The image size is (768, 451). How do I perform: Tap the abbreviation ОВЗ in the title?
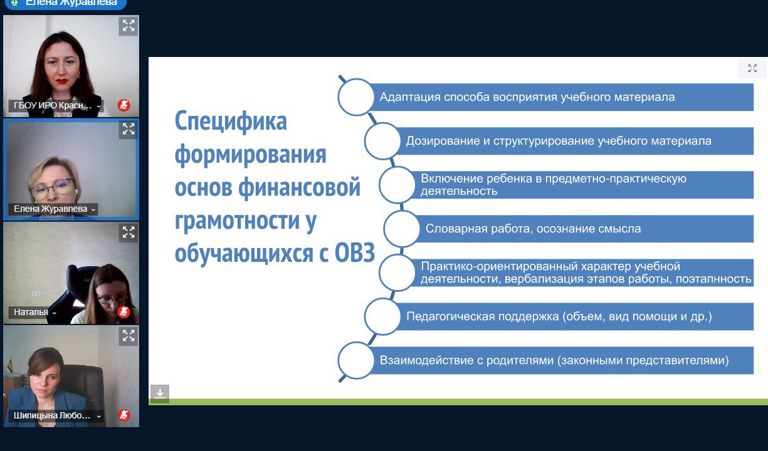point(354,254)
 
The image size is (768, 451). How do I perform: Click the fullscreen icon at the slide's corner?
point(752,68)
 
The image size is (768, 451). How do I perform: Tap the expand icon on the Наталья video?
point(129,232)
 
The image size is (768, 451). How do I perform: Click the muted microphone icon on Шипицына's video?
point(124,415)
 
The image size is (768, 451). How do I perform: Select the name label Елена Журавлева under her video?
point(50,209)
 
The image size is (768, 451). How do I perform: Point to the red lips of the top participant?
point(62,81)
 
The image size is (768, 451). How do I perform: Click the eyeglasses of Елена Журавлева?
point(51,189)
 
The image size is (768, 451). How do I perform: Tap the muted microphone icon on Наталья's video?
point(124,311)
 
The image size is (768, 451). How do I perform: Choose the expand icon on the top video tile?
point(129,26)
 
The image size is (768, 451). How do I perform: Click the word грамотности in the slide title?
point(237,221)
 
